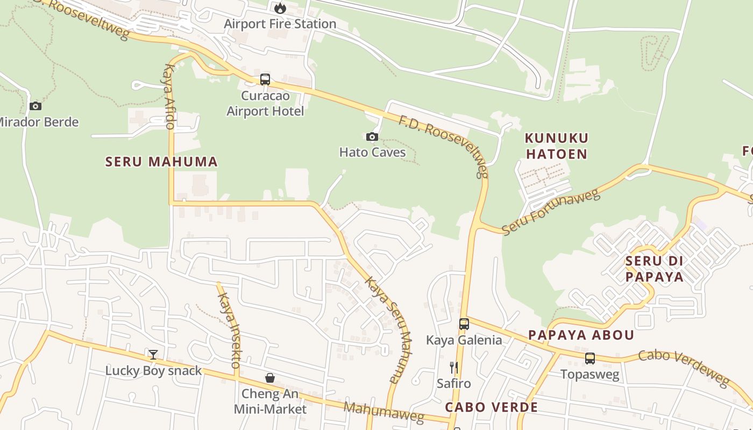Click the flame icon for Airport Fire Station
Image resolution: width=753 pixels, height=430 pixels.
click(280, 8)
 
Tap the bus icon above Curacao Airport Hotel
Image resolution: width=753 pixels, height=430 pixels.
click(265, 80)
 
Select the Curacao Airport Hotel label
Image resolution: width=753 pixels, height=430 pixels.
click(265, 104)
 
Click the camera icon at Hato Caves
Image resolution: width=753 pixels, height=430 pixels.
click(372, 137)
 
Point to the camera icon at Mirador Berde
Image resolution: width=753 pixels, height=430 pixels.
click(35, 106)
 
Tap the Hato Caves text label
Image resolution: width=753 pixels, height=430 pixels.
click(372, 152)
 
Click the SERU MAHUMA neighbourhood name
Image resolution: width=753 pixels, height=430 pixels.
click(161, 162)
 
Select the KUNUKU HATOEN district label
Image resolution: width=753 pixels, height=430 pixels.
click(557, 146)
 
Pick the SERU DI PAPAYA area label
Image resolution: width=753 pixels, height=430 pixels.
click(654, 269)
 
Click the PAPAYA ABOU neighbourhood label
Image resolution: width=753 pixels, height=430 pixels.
click(581, 335)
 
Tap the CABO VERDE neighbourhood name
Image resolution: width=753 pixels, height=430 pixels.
click(492, 407)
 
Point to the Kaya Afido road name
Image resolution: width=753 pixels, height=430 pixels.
click(169, 97)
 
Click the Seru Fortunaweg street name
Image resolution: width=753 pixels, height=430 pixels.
click(551, 212)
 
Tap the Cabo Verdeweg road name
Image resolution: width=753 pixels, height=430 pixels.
click(684, 368)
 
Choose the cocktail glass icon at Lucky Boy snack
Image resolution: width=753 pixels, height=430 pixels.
click(153, 354)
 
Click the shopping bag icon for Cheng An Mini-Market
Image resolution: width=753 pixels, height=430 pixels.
click(270, 378)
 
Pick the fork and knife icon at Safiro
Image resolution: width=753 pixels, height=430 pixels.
click(454, 368)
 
